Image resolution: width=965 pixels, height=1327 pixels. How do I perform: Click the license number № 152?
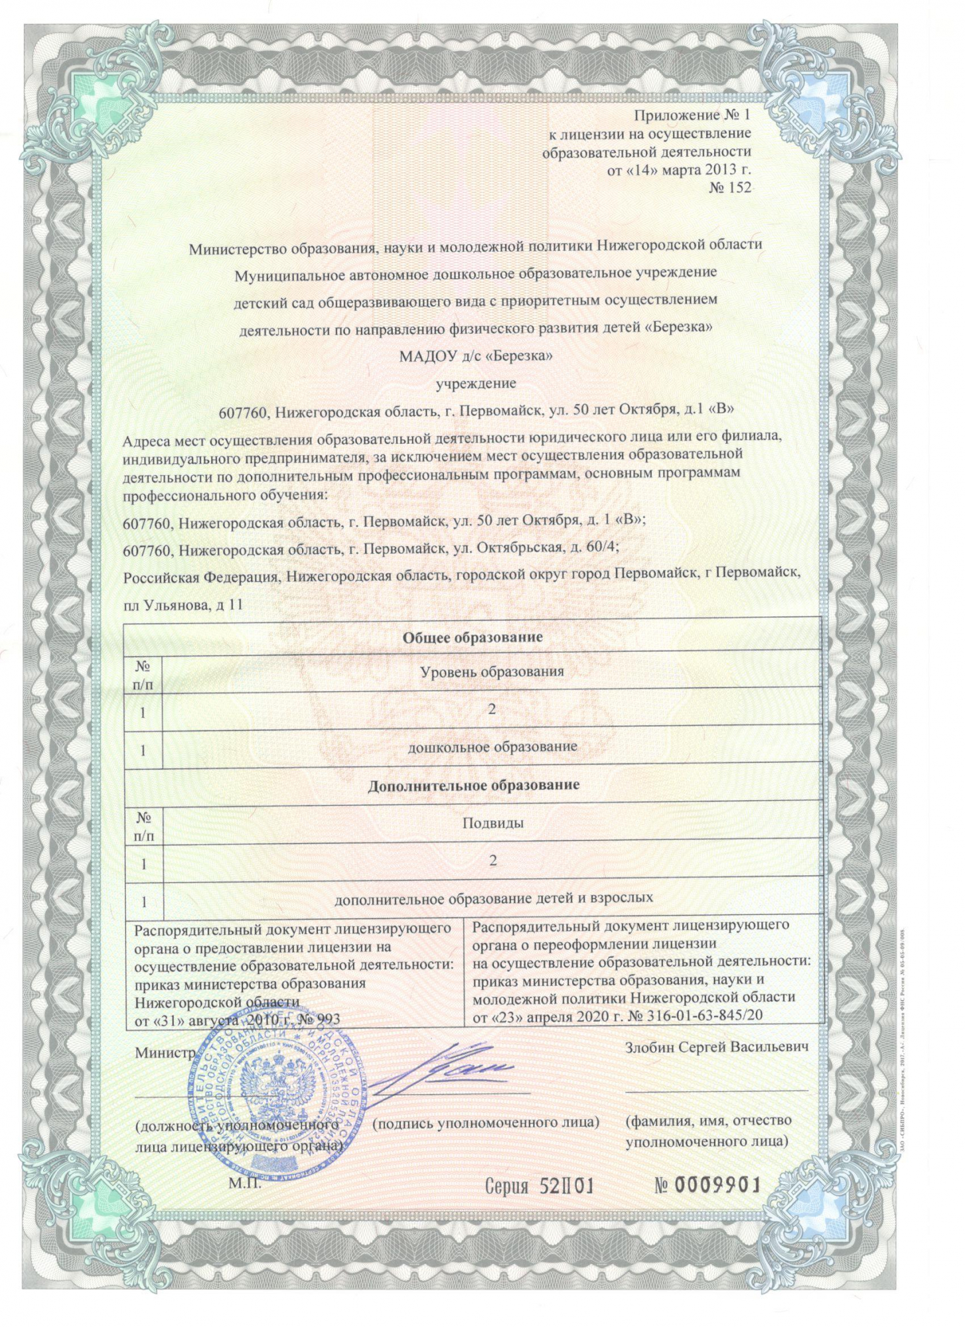[x=730, y=188]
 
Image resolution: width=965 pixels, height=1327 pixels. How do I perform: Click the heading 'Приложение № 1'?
[x=692, y=115]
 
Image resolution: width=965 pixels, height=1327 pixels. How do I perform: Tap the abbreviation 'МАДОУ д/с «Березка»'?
[x=475, y=356]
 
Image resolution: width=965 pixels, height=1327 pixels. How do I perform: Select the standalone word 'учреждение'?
[x=475, y=384]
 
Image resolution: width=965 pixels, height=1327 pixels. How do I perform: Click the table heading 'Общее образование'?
[x=473, y=637]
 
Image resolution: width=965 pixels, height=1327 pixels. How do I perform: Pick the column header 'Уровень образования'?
[x=492, y=671]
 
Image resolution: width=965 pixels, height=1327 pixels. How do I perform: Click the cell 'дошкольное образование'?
[x=492, y=747]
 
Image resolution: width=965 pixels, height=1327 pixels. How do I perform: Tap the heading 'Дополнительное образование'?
[x=473, y=785]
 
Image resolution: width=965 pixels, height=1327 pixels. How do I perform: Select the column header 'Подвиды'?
[x=492, y=823]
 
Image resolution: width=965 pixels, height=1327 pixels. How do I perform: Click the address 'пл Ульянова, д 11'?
[x=183, y=604]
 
